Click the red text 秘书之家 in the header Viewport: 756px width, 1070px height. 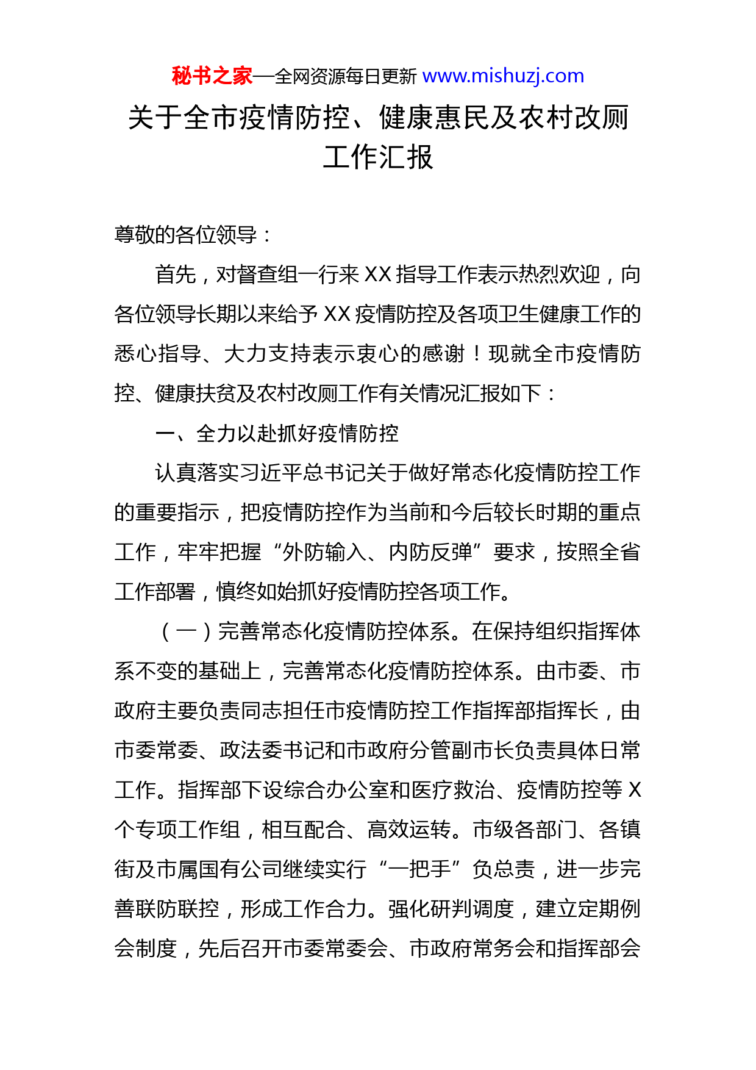tap(212, 76)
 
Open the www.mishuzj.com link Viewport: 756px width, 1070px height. tap(503, 76)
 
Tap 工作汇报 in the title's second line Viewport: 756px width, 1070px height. tap(378, 157)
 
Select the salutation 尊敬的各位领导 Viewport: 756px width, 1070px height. tap(185, 235)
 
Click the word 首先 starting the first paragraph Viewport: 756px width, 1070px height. tap(176, 275)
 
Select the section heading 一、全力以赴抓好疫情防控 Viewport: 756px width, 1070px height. tap(277, 433)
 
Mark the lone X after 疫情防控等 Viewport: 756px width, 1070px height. tap(634, 790)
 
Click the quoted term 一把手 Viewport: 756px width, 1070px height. tap(419, 869)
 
